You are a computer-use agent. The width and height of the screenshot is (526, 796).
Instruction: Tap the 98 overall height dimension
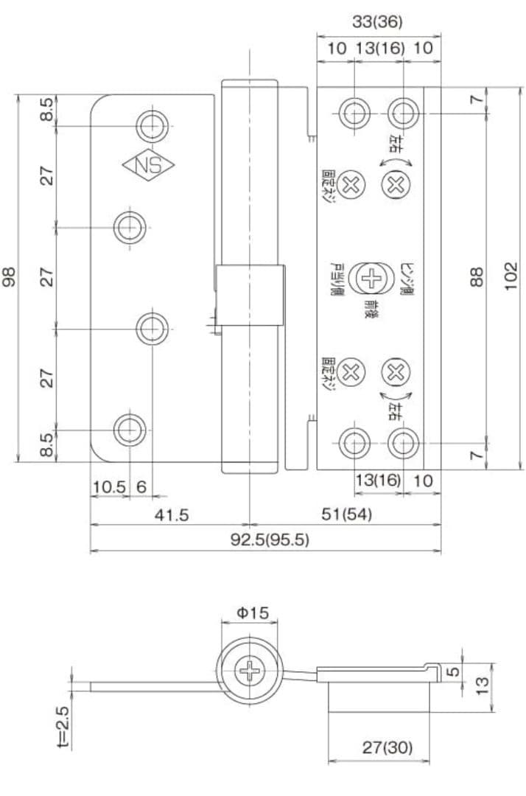(x=9, y=276)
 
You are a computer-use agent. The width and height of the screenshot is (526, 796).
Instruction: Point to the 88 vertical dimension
(x=477, y=276)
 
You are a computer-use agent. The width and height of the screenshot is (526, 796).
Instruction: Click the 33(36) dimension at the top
(x=377, y=22)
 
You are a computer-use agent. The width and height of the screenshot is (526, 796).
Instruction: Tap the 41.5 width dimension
(x=171, y=515)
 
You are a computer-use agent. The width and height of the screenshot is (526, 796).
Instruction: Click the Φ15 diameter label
(x=252, y=612)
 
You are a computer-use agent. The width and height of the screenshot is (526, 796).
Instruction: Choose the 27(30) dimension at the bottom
(x=387, y=747)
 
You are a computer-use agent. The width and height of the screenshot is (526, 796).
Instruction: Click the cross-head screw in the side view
(x=251, y=671)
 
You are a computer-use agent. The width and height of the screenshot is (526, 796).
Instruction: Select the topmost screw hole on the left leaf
(x=152, y=125)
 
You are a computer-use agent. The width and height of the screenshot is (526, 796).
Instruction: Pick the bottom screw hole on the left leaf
(x=130, y=428)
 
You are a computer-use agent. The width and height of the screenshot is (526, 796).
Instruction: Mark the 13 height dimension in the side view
(x=483, y=683)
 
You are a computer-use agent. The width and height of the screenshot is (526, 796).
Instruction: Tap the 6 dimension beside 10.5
(x=141, y=487)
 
